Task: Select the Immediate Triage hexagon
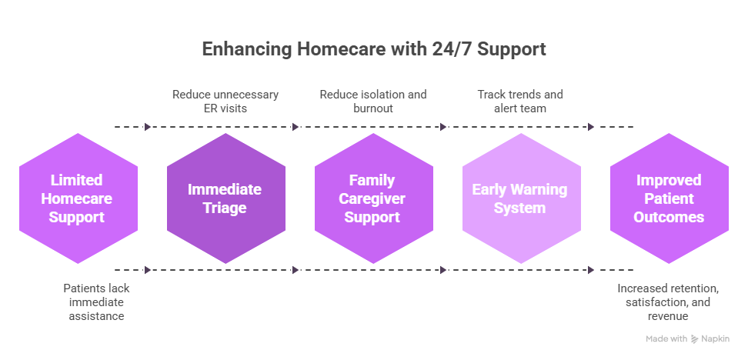[x=225, y=198]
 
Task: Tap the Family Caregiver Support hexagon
[x=373, y=198]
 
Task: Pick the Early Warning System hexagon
[x=521, y=198]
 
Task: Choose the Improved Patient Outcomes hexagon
[x=669, y=198]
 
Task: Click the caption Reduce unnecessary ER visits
[x=225, y=102]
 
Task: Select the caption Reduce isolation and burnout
[x=372, y=102]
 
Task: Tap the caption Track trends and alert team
[x=520, y=102]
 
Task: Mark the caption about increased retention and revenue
[x=669, y=302]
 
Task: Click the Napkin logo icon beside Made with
[x=695, y=338]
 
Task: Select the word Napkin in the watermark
[x=715, y=338]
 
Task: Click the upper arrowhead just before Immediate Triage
[x=148, y=127]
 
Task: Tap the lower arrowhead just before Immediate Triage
[x=148, y=270]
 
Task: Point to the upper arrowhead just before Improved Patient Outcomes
[x=591, y=127]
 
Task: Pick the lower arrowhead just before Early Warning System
[x=443, y=270]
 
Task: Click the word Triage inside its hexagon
[x=225, y=208]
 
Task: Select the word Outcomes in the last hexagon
[x=669, y=217]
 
